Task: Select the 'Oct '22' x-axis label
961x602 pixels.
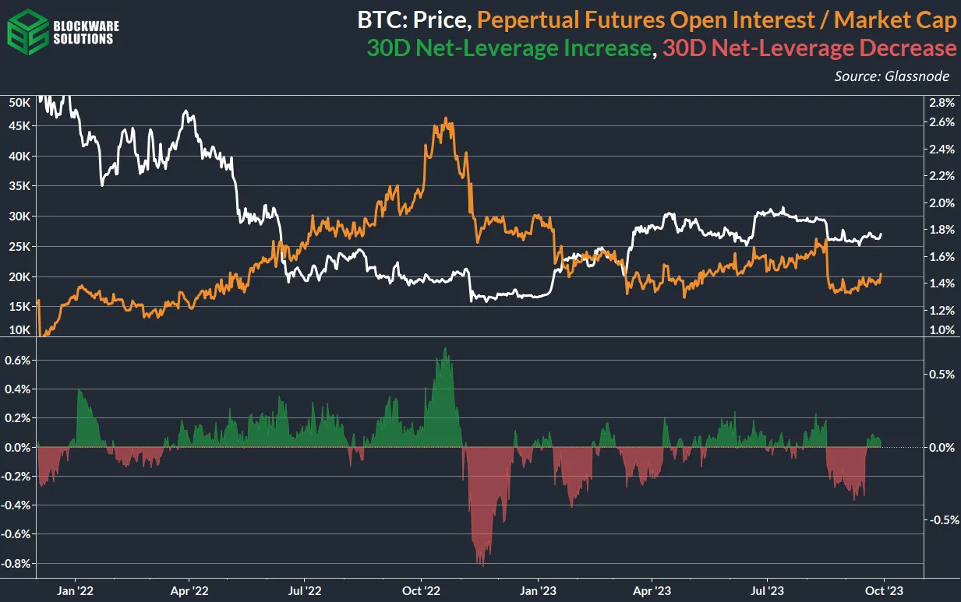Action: tap(421, 590)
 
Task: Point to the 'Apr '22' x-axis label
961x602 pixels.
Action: tap(190, 590)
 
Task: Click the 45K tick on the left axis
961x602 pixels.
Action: tap(17, 126)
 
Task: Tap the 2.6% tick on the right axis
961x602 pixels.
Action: tap(942, 122)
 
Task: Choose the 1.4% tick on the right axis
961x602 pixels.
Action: tap(942, 283)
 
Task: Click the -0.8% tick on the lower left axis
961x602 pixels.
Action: tap(17, 563)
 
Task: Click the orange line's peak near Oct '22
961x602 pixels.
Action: tap(446, 119)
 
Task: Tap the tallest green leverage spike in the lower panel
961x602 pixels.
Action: tap(444, 349)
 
